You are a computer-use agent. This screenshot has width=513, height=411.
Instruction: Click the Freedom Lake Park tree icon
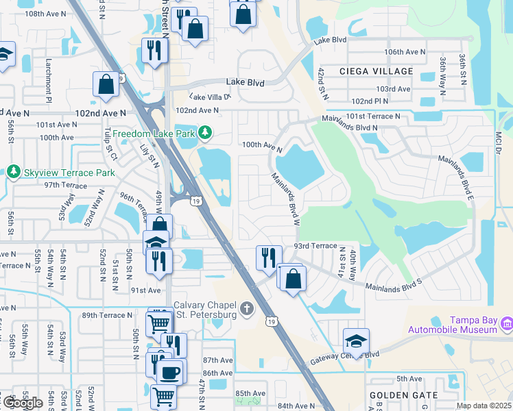(x=204, y=132)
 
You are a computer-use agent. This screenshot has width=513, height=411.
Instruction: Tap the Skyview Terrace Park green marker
(x=13, y=172)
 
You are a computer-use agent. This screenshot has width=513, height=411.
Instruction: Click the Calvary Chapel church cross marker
(x=248, y=310)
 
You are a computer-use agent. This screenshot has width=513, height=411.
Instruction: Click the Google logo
(x=23, y=403)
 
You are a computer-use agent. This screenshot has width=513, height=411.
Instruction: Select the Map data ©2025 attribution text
(x=484, y=406)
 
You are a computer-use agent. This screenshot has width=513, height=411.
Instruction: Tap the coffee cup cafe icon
(x=169, y=372)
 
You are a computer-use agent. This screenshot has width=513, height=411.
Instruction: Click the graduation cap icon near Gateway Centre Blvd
(x=356, y=340)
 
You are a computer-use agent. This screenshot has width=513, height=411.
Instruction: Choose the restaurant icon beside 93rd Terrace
(x=267, y=257)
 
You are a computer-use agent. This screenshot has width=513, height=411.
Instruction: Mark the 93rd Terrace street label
(x=315, y=245)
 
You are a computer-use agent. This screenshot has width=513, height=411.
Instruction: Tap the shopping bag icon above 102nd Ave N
(x=106, y=84)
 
